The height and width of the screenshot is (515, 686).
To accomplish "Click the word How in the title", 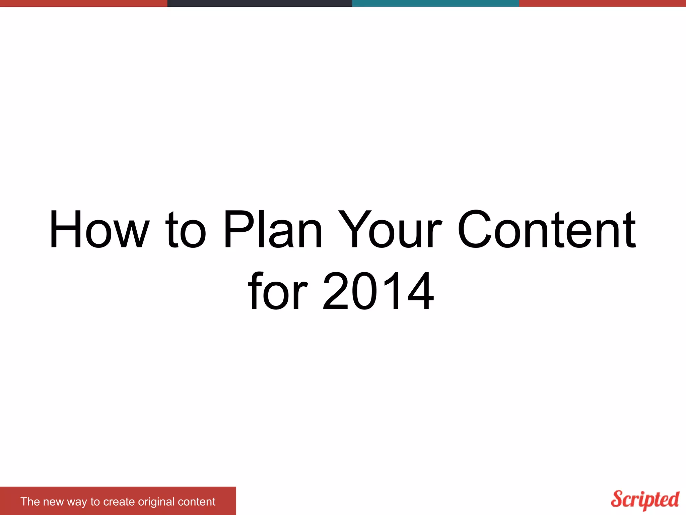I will pyautogui.click(x=99, y=230).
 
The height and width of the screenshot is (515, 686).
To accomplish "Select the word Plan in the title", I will pyautogui.click(x=273, y=230).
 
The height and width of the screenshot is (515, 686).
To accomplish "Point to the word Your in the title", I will pyautogui.click(x=390, y=230).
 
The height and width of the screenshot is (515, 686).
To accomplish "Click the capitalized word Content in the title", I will pyautogui.click(x=547, y=230).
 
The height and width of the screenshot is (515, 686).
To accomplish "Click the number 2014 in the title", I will pyautogui.click(x=379, y=291).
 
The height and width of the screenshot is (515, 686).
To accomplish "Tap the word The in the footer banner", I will pyautogui.click(x=30, y=502).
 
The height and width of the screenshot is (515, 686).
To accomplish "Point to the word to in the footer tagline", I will pyautogui.click(x=95, y=502).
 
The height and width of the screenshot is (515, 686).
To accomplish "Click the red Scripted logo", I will pyautogui.click(x=645, y=500).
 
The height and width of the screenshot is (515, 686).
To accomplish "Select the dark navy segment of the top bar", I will pyautogui.click(x=260, y=3).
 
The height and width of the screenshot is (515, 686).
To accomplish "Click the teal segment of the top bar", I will pyautogui.click(x=435, y=3).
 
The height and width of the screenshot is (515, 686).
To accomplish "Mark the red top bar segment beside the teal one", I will pyautogui.click(x=602, y=3).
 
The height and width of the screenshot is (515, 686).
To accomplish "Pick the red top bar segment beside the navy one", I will pyautogui.click(x=83, y=3).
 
